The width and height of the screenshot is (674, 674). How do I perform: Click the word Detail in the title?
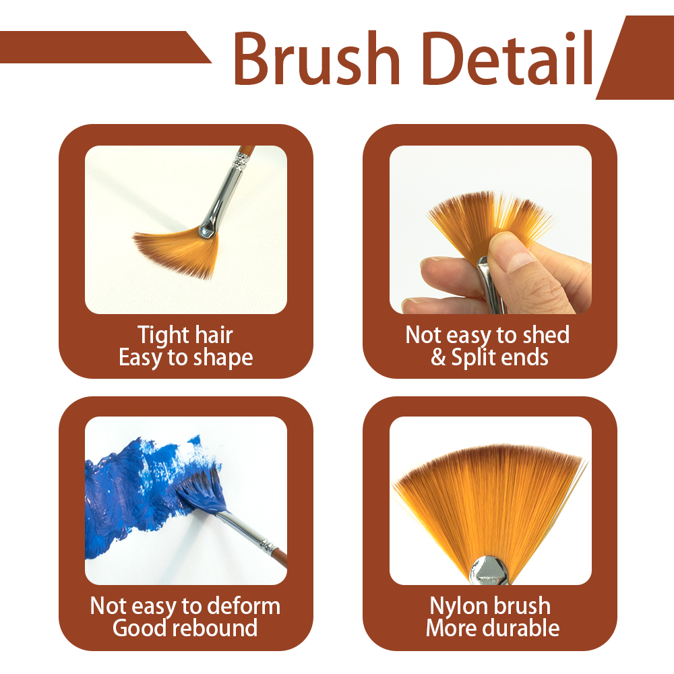(508, 58)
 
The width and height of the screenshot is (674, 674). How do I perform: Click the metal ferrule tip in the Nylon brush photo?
(489, 570)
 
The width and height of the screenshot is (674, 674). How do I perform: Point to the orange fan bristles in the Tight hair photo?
(180, 251)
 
